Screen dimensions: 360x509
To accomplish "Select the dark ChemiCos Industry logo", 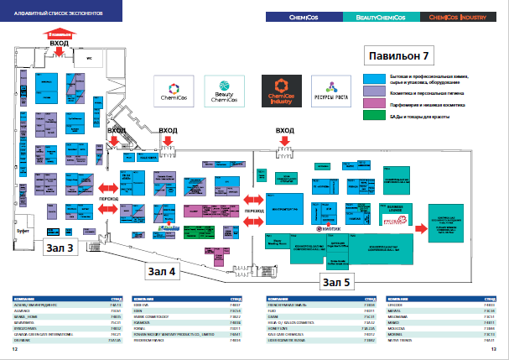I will click(x=279, y=91).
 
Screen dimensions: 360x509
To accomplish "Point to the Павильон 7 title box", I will click(x=399, y=57).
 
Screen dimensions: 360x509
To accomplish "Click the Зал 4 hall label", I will click(x=162, y=270).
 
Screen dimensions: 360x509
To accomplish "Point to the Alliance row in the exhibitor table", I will click(x=63, y=309).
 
